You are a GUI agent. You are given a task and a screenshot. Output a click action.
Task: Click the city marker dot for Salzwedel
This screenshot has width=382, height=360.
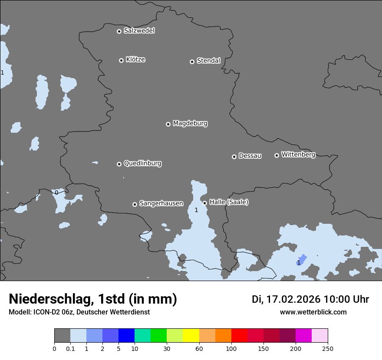click(119, 31)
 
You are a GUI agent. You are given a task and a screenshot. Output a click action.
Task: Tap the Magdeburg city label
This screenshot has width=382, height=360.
click(190, 124)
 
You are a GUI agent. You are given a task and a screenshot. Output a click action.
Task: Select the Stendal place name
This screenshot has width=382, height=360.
click(208, 61)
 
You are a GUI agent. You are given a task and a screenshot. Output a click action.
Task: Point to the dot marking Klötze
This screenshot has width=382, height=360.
click(121, 60)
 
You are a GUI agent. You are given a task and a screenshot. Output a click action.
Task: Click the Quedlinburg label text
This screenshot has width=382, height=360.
click(142, 164)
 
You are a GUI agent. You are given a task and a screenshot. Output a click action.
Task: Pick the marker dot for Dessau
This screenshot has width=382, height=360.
click(234, 157)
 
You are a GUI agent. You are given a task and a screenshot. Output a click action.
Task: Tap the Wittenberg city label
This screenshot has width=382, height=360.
click(298, 155)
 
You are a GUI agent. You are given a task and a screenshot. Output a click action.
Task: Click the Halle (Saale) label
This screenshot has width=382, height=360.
click(229, 202)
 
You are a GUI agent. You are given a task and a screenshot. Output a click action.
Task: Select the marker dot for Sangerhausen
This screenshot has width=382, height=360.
click(135, 204)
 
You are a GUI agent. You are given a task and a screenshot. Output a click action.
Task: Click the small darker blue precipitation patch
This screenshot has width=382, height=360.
click(302, 259)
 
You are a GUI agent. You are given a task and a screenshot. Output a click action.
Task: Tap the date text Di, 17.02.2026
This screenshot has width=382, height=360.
click(286, 299)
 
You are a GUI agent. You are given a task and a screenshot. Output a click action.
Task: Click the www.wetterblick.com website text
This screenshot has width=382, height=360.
click(313, 312)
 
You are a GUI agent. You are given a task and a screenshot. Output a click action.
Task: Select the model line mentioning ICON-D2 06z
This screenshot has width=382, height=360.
click(79, 312)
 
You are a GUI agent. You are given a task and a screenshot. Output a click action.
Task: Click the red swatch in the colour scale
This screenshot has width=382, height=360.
click(239, 336)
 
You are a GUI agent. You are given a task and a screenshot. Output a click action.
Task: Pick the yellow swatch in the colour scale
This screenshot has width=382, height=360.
click(191, 336)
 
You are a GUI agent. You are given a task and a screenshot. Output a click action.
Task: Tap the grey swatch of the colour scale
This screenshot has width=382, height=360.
click(62, 336)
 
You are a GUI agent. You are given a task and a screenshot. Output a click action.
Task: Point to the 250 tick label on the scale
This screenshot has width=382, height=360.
click(328, 348)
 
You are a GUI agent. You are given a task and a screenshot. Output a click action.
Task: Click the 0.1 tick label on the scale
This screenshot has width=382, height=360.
click(70, 348)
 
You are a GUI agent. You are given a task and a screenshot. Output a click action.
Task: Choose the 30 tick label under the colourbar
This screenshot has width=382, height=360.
click(167, 348)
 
